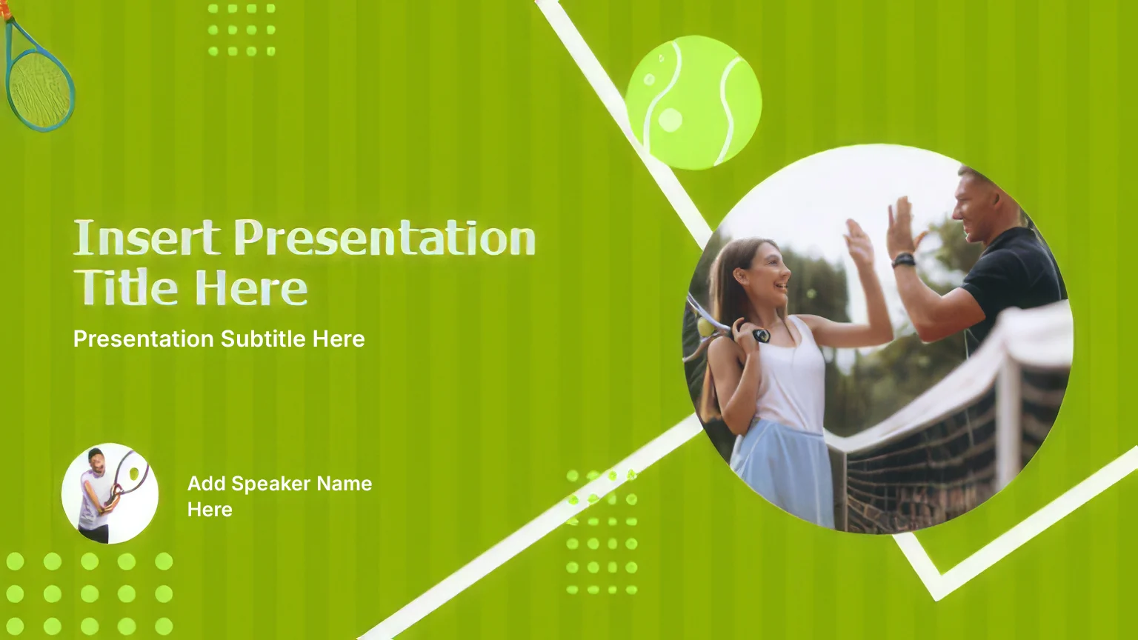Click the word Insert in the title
coord(147,238)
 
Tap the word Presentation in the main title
coord(385,238)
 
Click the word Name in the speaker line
coord(345,484)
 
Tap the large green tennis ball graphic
coord(693,102)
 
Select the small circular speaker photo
coord(110,493)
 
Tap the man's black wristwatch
coord(904,261)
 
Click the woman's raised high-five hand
coord(859,244)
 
